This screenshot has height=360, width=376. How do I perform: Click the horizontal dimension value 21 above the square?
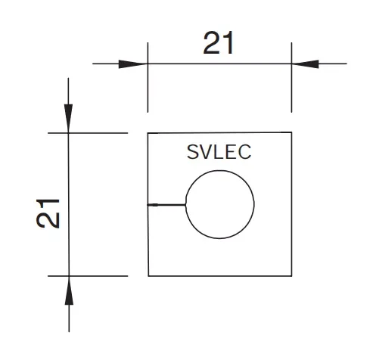(x=219, y=45)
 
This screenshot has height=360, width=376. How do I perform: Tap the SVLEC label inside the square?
(x=219, y=152)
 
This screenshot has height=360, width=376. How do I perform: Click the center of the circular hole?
(x=219, y=204)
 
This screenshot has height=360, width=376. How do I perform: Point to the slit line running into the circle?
(x=166, y=205)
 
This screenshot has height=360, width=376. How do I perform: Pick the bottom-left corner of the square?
(x=148, y=276)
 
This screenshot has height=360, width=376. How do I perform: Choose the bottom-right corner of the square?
(x=291, y=276)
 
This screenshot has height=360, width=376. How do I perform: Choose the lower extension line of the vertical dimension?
(x=97, y=276)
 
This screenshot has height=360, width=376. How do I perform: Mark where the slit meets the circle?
(x=185, y=205)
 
